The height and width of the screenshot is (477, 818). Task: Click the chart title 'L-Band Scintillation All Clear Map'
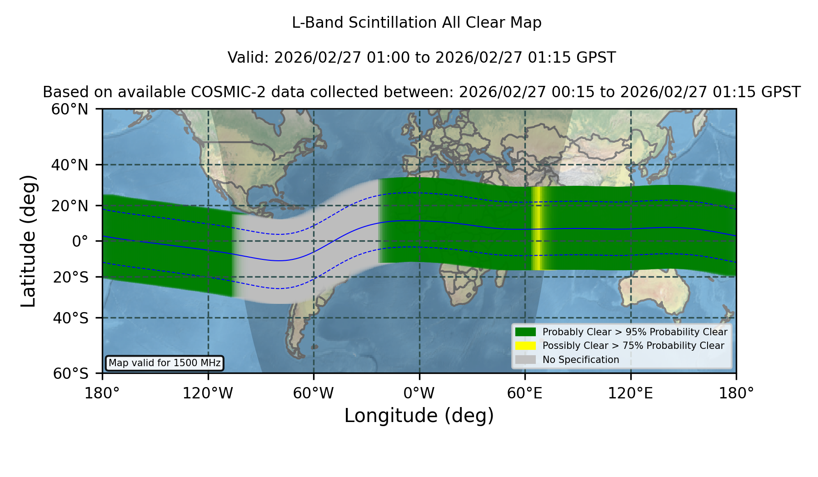pos(416,22)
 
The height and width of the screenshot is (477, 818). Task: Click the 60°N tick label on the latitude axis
pos(70,109)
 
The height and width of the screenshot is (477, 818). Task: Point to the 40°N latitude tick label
pos(70,165)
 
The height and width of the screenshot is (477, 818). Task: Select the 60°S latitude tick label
pos(70,373)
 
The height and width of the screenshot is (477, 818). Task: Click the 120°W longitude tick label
pos(208,393)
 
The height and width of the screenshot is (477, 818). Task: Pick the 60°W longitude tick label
pos(314,393)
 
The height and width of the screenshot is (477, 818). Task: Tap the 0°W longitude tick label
pos(419,393)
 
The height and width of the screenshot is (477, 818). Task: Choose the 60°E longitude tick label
pos(525,393)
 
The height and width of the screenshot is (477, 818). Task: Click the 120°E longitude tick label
pos(630,393)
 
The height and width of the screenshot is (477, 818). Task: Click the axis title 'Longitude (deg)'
pos(419,416)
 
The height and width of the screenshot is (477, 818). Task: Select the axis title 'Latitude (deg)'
pos(28,241)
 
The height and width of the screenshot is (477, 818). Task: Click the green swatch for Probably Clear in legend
pos(525,332)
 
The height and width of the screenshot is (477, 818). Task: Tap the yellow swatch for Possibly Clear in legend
pos(525,346)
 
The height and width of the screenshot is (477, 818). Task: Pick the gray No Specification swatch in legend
pos(525,360)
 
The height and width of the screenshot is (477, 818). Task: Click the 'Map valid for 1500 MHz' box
pos(165,363)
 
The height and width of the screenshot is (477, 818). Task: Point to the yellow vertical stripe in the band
pos(537,228)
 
